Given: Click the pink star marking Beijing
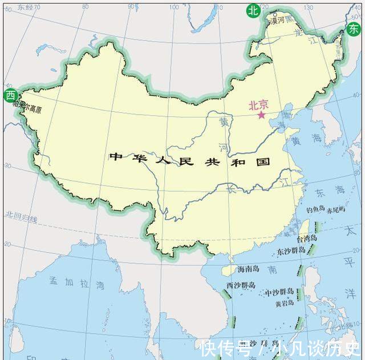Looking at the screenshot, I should point(262,115).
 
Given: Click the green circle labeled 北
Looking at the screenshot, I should point(252,10).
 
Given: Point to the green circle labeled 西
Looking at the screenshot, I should point(10,96).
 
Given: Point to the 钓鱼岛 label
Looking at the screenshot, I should point(315,209).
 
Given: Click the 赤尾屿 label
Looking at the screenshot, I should point(336,209).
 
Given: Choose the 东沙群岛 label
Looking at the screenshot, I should point(291,252).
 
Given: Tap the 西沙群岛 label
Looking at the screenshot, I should point(241,285).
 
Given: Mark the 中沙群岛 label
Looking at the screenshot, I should point(279,293).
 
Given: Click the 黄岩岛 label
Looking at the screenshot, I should point(286,304).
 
